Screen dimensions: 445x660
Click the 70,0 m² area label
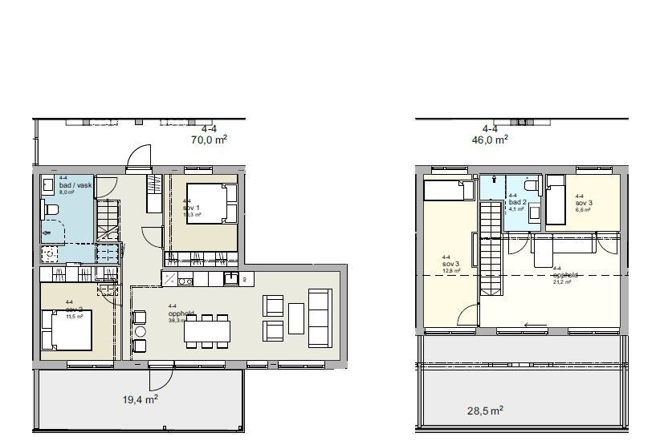(209, 139)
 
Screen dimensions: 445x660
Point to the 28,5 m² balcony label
(485, 411)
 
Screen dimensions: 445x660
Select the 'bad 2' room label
(517, 204)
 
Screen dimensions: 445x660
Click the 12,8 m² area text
(451, 271)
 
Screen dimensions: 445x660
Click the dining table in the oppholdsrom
(206, 330)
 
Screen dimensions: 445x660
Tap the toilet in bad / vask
(52, 210)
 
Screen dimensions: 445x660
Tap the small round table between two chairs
(140, 331)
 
